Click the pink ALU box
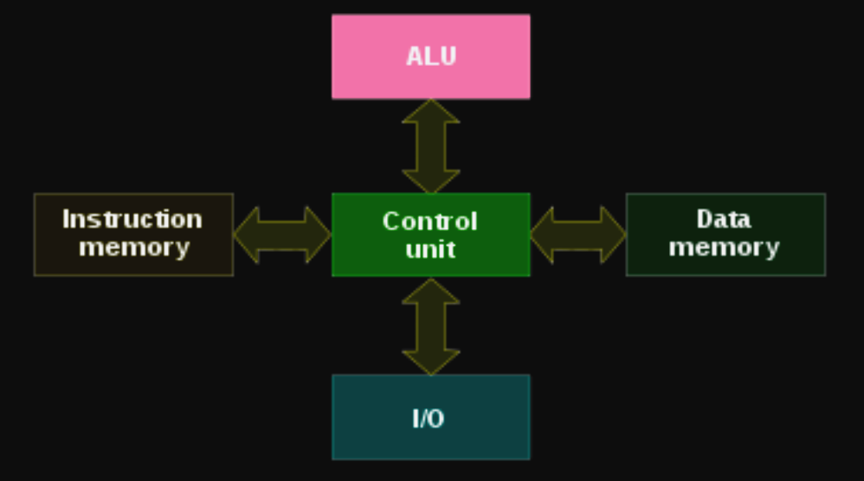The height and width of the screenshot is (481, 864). coord(430,78)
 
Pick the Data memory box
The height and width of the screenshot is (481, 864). coord(725,264)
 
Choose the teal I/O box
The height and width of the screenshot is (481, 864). coord(430,441)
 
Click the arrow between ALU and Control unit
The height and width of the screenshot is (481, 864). coord(430,146)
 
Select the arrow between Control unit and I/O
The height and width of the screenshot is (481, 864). coord(430,326)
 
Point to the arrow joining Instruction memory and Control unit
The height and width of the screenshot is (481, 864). coord(282,234)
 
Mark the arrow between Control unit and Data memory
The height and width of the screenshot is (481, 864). coord(577,234)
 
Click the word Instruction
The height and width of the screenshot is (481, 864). coord(132,219)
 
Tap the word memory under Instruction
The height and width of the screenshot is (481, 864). coord(134,247)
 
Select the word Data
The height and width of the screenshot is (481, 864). coord(724,219)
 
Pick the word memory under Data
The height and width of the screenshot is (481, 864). coord(724,247)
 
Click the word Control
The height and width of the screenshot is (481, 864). coord(429,221)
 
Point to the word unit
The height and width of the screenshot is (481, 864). coord(430,249)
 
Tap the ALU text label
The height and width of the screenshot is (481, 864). coord(430,56)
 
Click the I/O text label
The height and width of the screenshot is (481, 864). coord(429,419)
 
